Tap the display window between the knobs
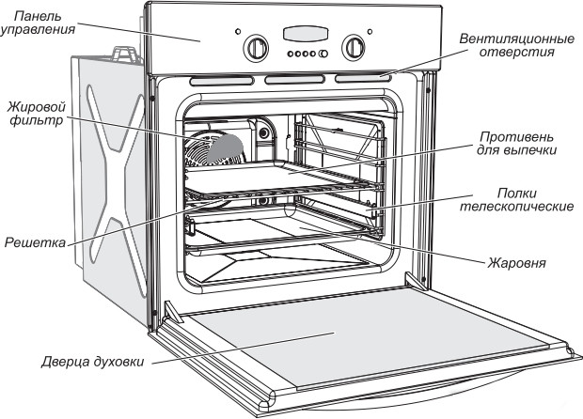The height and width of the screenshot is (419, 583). (x=305, y=35)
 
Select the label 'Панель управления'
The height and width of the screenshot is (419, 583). (x=39, y=23)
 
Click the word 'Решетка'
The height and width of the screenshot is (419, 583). (x=32, y=243)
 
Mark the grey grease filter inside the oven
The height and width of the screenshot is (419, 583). (x=226, y=146)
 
